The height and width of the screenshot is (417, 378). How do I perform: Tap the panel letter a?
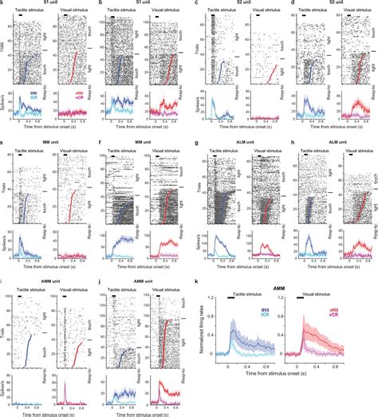point(4,4)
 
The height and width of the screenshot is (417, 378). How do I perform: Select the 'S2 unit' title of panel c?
point(235,4)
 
